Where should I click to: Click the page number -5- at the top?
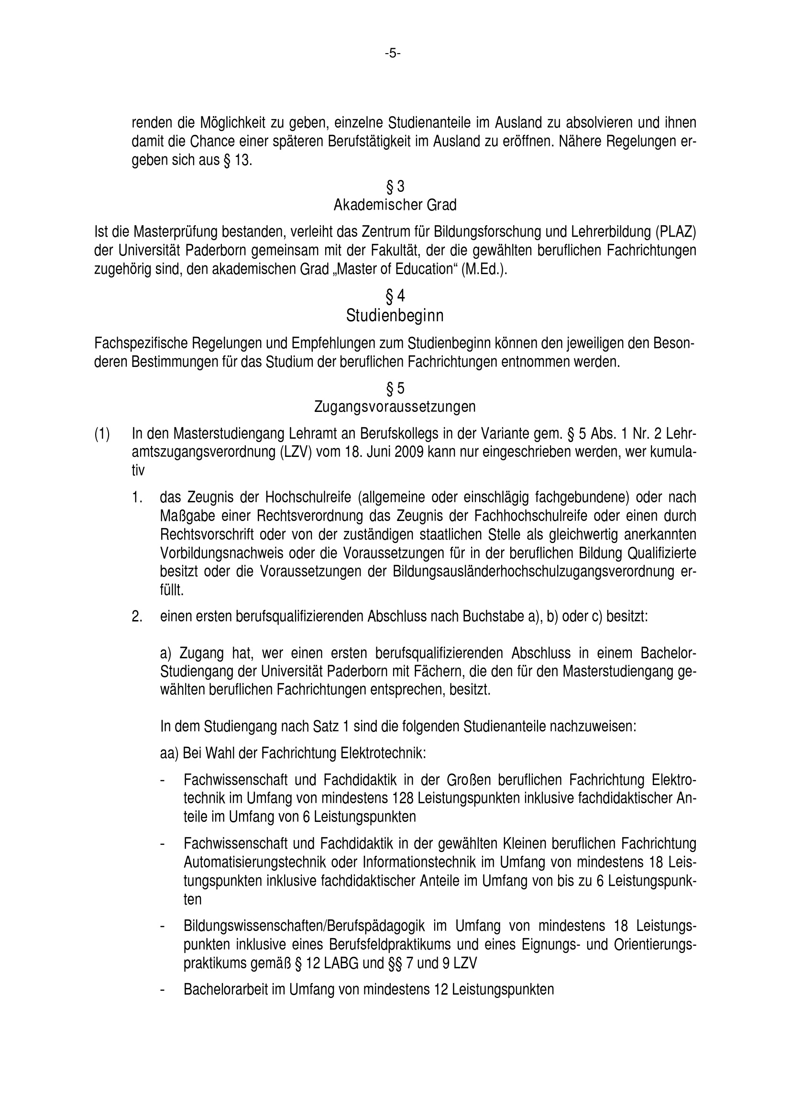tap(393, 54)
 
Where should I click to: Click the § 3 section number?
tap(395, 187)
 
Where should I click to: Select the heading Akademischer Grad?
tap(395, 205)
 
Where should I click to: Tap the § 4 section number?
tap(395, 296)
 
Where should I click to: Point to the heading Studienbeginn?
tap(395, 316)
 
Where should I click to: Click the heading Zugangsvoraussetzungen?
tap(395, 407)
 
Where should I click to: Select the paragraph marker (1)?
tap(102, 434)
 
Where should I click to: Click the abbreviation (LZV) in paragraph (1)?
tap(296, 452)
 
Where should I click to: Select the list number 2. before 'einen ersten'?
tap(137, 617)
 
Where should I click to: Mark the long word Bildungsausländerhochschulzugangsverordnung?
tap(533, 572)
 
